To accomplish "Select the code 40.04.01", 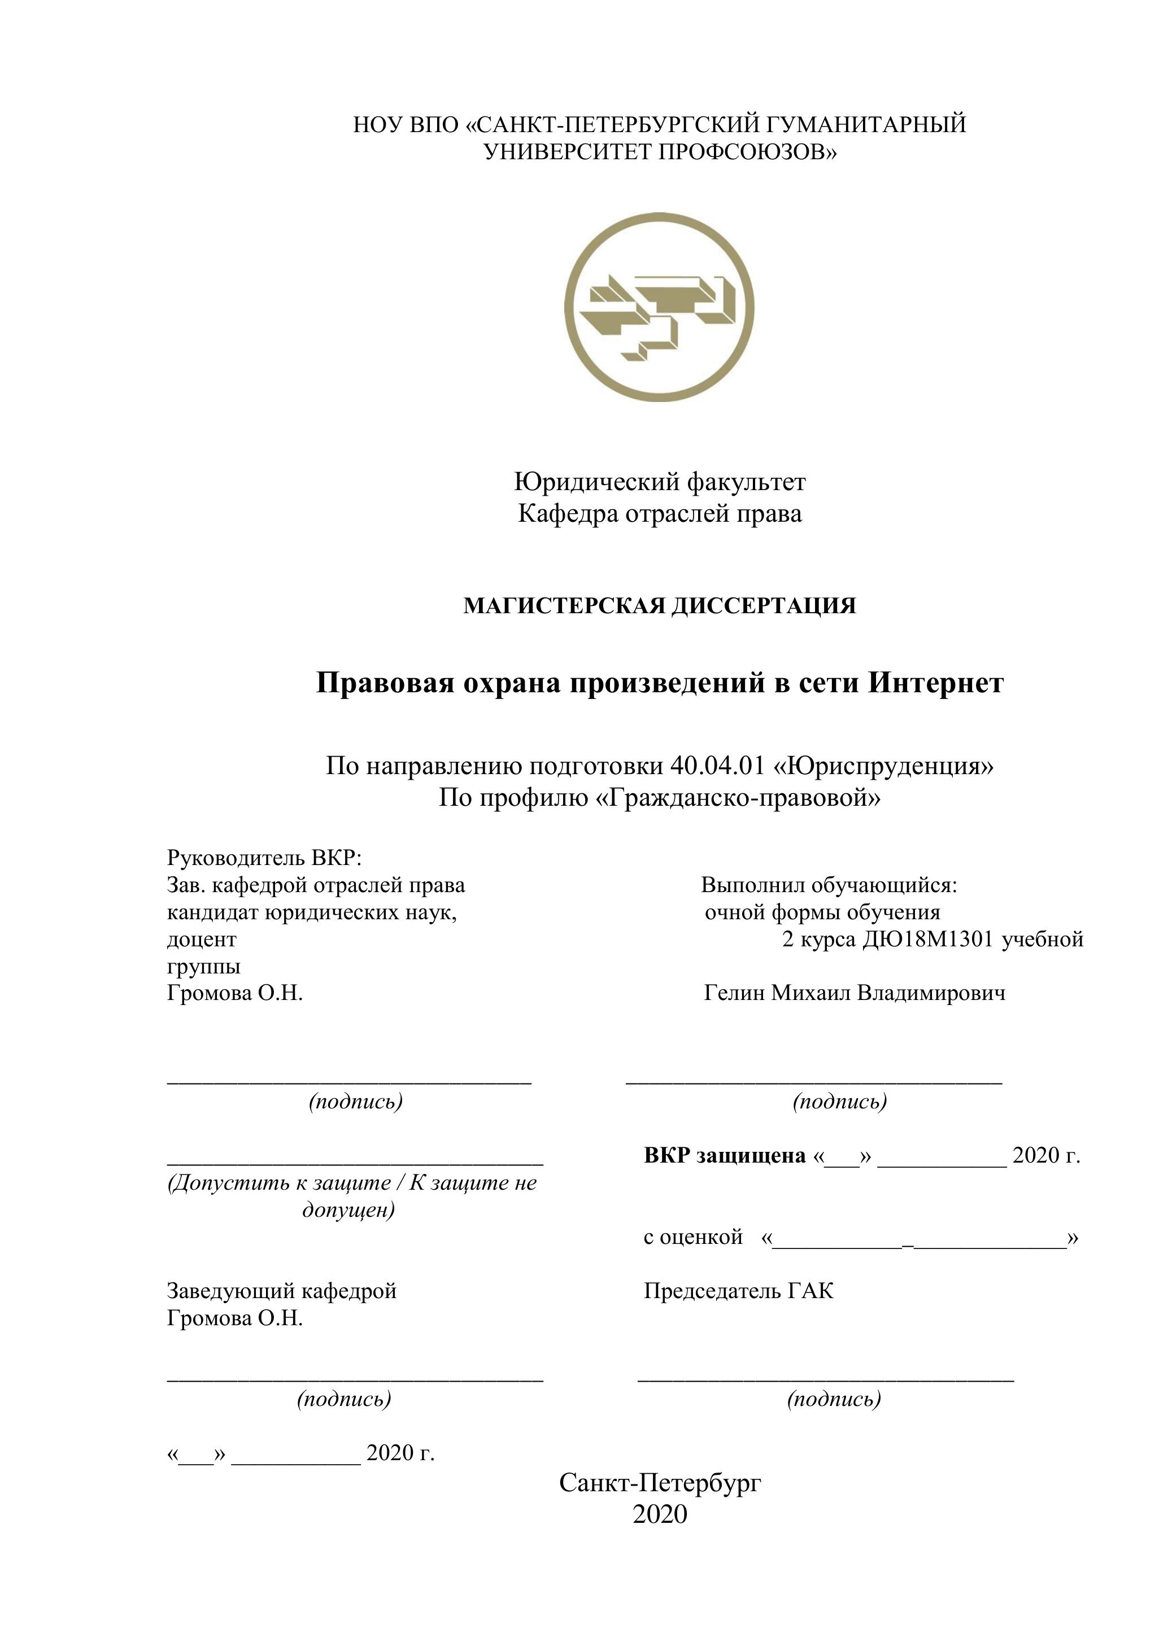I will coord(716,766).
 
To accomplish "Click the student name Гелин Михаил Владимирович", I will coord(855,993).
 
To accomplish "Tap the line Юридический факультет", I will coord(660,481).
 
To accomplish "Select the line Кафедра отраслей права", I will coord(660,513).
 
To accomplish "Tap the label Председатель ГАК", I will coord(739,1291).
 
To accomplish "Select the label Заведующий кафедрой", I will coord(281,1291).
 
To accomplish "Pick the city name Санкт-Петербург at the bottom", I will coord(660,1482).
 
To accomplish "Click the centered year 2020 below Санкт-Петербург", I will coord(660,1514).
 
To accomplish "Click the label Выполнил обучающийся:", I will coord(829,885).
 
